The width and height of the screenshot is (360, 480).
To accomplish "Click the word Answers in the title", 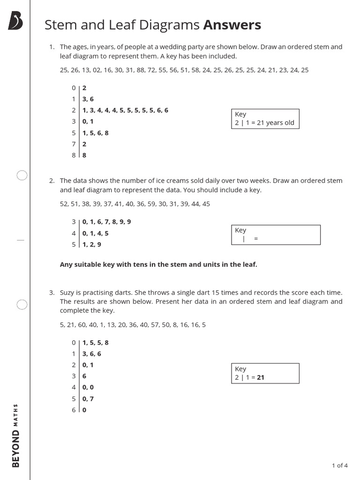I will pos(232,25).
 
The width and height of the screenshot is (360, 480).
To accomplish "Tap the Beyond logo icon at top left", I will pos(15,21).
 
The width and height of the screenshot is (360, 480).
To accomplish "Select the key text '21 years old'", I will pos(276,123).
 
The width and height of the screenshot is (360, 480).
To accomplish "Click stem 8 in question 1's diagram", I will pos(74,155).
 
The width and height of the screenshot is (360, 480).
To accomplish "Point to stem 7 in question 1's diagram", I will pos(74,144).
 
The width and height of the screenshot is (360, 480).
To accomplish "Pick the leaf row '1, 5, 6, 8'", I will pos(95,133).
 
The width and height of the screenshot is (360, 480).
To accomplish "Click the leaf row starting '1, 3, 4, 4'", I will pos(125,110).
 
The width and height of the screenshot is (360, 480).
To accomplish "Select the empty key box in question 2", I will pos(276,235).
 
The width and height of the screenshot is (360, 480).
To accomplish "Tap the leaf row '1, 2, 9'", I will pos(91,244).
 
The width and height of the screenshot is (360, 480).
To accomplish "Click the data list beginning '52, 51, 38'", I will pos(135,204).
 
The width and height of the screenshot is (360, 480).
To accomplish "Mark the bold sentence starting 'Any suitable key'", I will pos(158,264).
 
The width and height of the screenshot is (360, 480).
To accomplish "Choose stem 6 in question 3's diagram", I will pos(74,410).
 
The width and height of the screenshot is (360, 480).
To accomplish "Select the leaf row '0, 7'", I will pos(88,398).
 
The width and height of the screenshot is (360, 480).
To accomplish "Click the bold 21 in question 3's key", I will pos(261,377).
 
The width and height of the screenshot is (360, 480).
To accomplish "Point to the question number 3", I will pos(52,292).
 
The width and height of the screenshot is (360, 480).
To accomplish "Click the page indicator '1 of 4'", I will pos(339,465).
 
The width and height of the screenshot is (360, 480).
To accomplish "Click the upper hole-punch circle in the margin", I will pos(22,175).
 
